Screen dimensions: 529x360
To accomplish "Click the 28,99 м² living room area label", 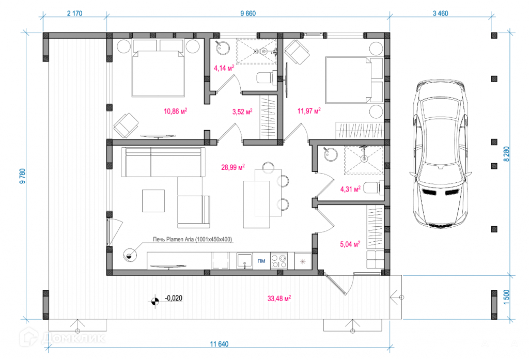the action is (x=233, y=167).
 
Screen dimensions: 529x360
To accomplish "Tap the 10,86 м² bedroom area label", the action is (x=176, y=111).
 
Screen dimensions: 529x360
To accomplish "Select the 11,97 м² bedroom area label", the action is (x=309, y=111).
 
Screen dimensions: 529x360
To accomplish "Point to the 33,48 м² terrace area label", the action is (x=279, y=298).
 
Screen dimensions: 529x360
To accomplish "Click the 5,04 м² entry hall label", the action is (x=350, y=244).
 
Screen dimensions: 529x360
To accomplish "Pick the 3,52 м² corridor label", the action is (x=242, y=112).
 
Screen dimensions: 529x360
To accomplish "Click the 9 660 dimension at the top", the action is (x=248, y=13).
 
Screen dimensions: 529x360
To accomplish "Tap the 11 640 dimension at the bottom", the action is (x=219, y=344).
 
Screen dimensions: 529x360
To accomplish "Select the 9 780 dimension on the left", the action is (x=23, y=176).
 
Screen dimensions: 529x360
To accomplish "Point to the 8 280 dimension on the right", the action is (x=506, y=154).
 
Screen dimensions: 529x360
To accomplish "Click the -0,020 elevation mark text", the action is (x=174, y=298).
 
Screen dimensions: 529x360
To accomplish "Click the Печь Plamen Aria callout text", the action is (x=192, y=239).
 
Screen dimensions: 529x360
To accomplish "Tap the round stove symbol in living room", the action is (x=130, y=255).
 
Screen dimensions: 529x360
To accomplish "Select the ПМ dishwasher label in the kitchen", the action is (x=261, y=261).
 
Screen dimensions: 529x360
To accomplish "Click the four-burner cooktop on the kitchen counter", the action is (x=279, y=261).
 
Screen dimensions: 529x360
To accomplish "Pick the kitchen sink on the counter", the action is (x=244, y=261).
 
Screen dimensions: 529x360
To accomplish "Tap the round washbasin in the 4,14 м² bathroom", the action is (x=222, y=48).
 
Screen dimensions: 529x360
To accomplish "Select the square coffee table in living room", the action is (x=153, y=201).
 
